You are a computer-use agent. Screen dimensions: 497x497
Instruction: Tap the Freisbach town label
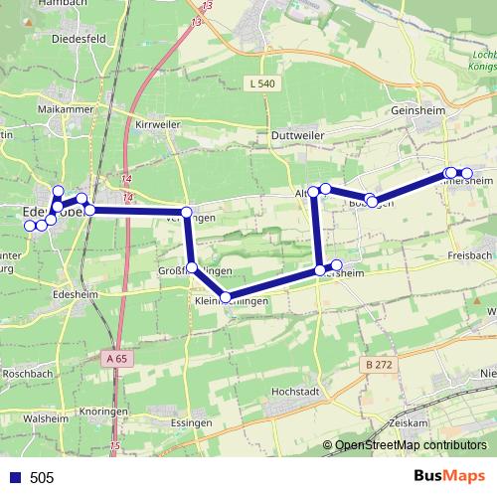tap(470, 255)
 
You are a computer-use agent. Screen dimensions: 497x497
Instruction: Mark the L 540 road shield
tap(262, 84)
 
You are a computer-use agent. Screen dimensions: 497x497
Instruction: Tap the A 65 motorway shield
tap(116, 357)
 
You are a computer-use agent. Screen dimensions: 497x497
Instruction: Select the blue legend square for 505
tap(16, 477)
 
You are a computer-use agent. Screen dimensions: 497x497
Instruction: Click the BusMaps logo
tap(449, 476)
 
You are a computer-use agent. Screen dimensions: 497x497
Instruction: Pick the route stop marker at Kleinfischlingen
tap(226, 296)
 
